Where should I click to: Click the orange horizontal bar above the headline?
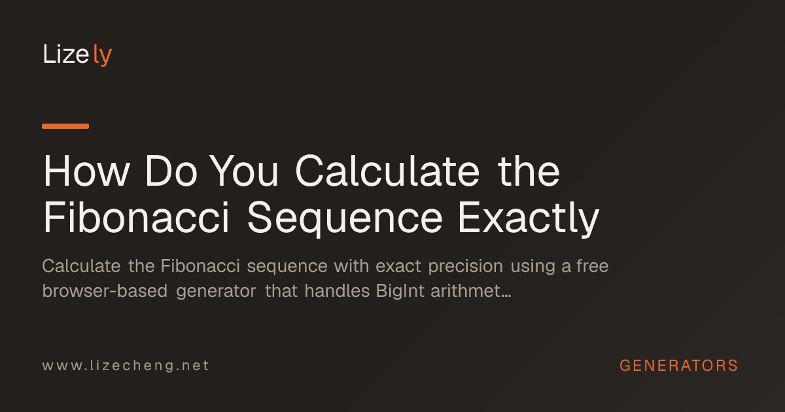(x=65, y=126)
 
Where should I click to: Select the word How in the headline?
(x=86, y=171)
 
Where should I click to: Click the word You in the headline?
(x=245, y=171)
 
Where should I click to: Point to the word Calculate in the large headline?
(x=387, y=171)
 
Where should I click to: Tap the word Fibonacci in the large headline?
(x=136, y=217)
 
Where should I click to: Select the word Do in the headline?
(x=171, y=171)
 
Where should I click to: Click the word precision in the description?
(x=466, y=266)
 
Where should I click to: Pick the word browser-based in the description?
(x=105, y=291)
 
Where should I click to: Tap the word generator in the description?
(x=217, y=292)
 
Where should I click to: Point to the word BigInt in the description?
(x=400, y=292)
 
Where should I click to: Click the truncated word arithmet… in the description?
(x=470, y=291)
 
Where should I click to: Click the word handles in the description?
(x=337, y=291)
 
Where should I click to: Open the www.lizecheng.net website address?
(x=126, y=366)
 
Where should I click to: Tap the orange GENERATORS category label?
(x=679, y=366)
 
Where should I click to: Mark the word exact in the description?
(x=398, y=266)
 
